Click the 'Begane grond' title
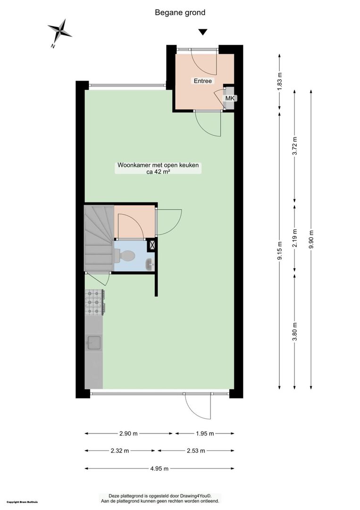tap(180, 13)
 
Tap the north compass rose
tap(59, 31)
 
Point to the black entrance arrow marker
tap(203, 32)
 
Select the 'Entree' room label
tap(203, 81)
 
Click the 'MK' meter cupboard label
tap(230, 98)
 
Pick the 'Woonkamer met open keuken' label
tap(158, 165)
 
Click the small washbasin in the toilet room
tap(149, 264)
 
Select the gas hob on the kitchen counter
tap(94, 303)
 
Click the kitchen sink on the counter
tap(93, 342)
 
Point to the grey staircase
tap(99, 238)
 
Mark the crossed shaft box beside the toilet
tap(151, 245)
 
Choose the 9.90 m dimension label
tap(311, 239)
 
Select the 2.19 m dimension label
tap(295, 238)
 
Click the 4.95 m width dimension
tap(159, 469)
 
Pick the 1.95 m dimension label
tap(205, 433)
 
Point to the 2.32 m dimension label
tap(119, 451)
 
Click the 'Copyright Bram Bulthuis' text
tap(22, 502)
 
